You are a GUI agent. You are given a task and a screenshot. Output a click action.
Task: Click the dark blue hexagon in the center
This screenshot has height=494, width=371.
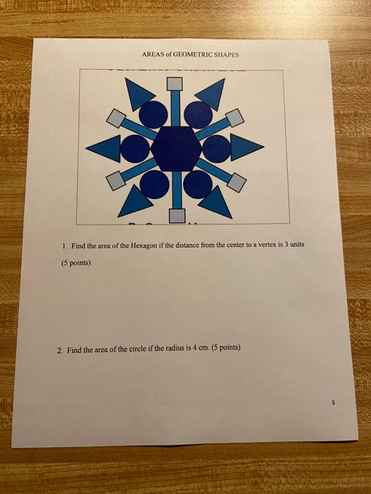(x=176, y=147)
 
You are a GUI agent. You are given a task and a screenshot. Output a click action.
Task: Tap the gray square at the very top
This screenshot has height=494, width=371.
(x=175, y=84)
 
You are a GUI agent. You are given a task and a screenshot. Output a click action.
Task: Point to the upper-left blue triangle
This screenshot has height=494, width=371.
(x=139, y=93)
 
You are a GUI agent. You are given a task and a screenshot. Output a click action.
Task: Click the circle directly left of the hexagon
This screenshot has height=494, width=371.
(x=133, y=148)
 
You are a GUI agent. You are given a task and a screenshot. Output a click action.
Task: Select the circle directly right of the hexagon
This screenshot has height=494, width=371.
(x=217, y=147)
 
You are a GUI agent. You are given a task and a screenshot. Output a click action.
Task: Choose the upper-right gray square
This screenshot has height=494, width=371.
(x=235, y=116)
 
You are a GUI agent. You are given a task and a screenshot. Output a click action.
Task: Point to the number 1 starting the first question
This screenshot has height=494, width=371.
(x=63, y=246)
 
